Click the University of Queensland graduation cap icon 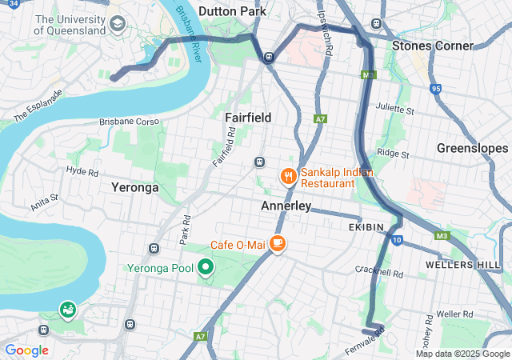[x=118, y=23]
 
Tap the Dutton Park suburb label [x=231, y=11]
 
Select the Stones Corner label [x=432, y=46]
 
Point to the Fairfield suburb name [x=247, y=118]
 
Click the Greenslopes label [x=472, y=148]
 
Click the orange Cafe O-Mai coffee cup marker [x=277, y=243]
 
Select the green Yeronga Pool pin [x=206, y=267]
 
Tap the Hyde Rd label [x=82, y=171]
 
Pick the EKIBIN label [x=366, y=228]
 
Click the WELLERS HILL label [x=463, y=264]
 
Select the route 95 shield [x=435, y=89]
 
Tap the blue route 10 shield [x=397, y=240]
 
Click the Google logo [x=26, y=350]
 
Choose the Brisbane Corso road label [x=130, y=122]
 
